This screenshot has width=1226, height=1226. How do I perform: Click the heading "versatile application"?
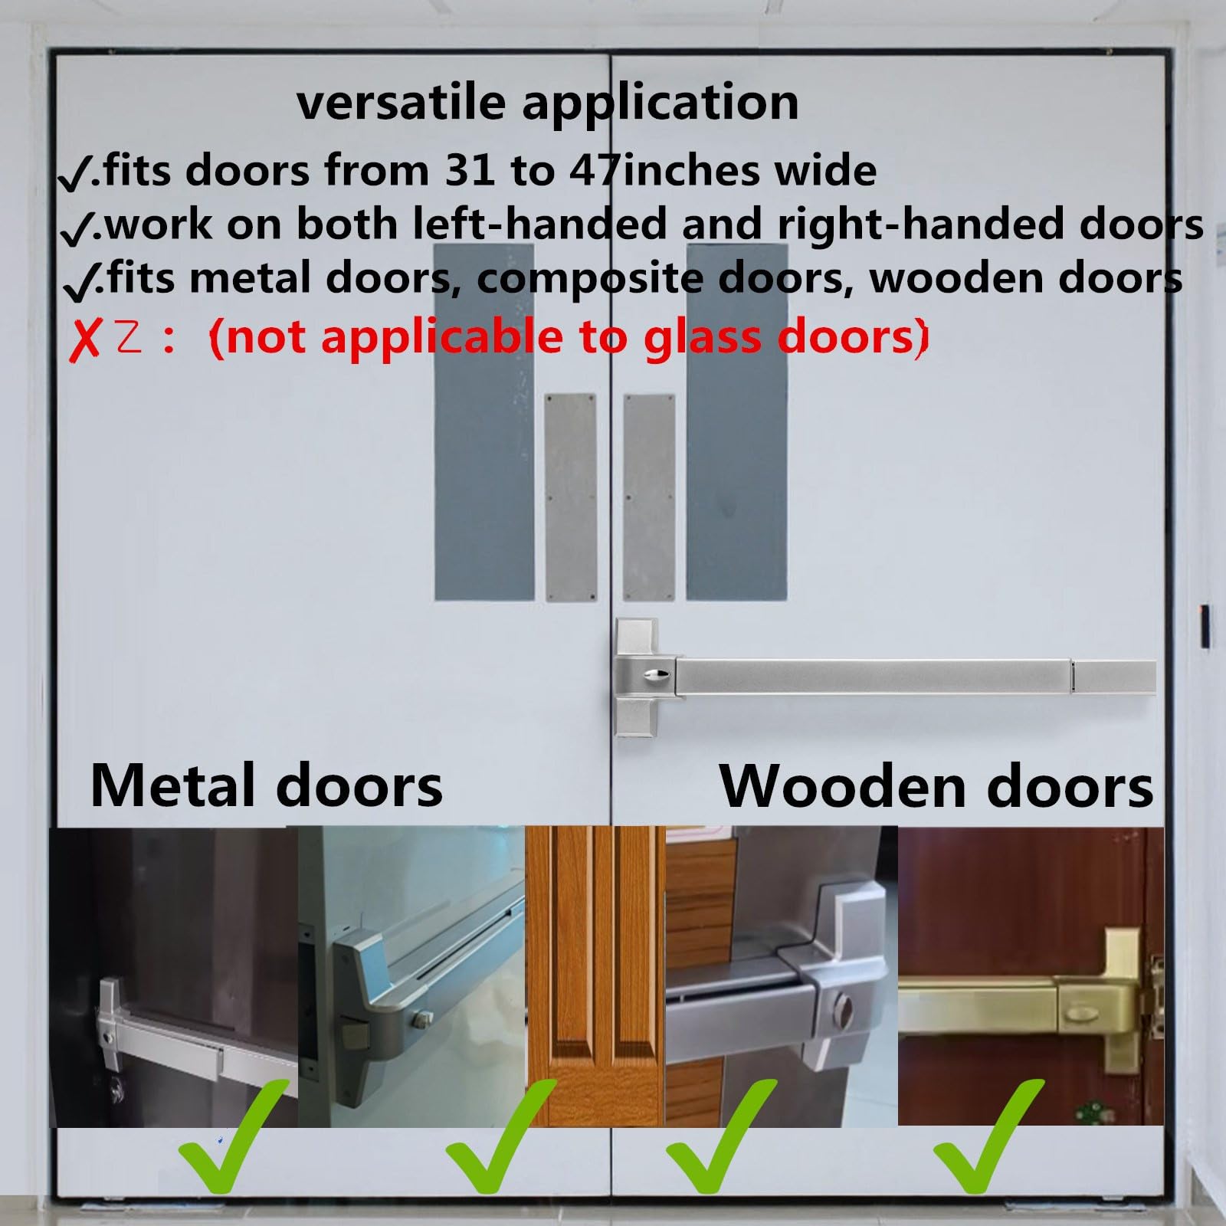click(548, 103)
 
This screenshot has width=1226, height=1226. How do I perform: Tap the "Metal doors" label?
click(266, 786)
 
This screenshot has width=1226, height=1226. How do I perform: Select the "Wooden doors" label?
click(936, 786)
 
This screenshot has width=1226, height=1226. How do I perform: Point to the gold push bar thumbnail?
click(1031, 976)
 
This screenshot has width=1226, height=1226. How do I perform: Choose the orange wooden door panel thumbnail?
click(595, 976)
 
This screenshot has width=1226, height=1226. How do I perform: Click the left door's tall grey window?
click(484, 422)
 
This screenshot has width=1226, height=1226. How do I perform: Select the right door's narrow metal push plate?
click(649, 498)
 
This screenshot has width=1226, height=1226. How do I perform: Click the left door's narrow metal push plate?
click(571, 498)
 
